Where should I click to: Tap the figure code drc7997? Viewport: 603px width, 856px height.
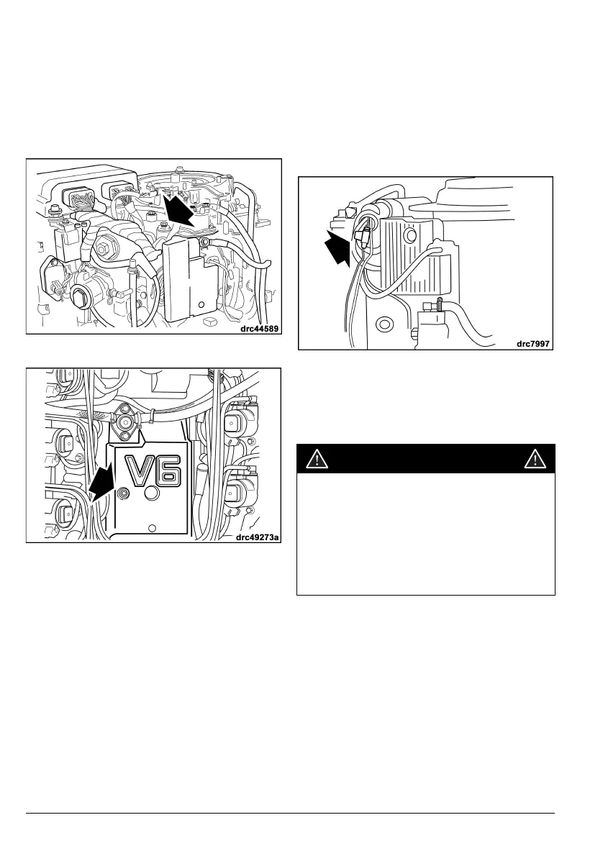coord(533,344)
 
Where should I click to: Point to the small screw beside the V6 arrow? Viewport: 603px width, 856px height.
coord(124,493)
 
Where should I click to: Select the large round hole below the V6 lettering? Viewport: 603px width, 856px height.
coord(152,495)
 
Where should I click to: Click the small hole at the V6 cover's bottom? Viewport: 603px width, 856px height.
coord(151,528)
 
